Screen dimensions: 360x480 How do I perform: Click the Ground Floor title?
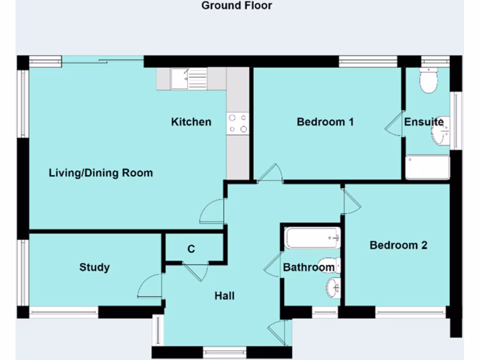pyautogui.click(x=236, y=6)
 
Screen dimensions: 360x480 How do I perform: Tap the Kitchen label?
pyautogui.click(x=191, y=122)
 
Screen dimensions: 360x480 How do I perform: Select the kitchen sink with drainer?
pyautogui.click(x=189, y=79)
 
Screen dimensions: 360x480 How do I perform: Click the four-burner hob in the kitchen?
pyautogui.click(x=238, y=123)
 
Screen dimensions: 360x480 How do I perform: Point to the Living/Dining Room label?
pyautogui.click(x=101, y=173)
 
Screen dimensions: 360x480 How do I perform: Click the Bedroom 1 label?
pyautogui.click(x=325, y=122)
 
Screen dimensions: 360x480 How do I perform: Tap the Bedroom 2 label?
pyautogui.click(x=398, y=245)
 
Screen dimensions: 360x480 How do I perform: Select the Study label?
pyautogui.click(x=94, y=267)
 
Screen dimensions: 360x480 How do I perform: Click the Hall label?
pyautogui.click(x=225, y=296)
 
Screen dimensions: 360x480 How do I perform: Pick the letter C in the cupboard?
pyautogui.click(x=191, y=249)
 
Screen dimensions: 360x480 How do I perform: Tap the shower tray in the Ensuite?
pyautogui.click(x=427, y=167)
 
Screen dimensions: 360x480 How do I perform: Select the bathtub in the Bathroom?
pyautogui.click(x=312, y=238)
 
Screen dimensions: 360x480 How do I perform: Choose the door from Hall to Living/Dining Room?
pyautogui.click(x=212, y=211)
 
